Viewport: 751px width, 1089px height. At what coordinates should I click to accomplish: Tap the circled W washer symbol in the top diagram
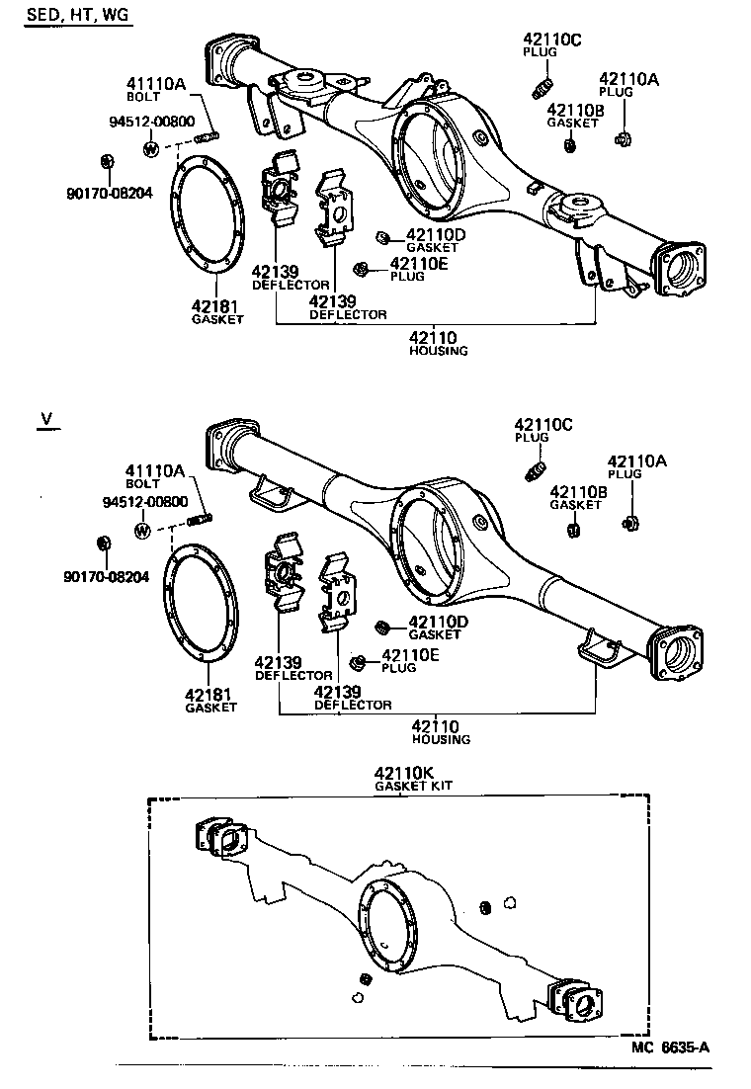pos(151,149)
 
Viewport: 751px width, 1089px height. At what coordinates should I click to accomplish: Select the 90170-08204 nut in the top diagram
pos(108,161)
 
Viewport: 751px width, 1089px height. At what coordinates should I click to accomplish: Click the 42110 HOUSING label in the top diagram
pos(439,343)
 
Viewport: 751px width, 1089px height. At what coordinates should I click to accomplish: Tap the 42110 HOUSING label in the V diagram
pos(441,731)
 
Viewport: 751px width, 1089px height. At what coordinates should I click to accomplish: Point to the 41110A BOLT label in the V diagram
pos(155,475)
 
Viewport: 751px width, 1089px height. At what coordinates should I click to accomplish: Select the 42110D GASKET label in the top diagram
pos(434,240)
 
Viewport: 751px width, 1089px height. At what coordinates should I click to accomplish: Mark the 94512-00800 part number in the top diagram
pos(147,121)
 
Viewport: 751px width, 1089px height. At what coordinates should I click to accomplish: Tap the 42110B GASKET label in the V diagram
pos(575,497)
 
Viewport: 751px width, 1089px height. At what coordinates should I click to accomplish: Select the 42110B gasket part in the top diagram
pos(570,146)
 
